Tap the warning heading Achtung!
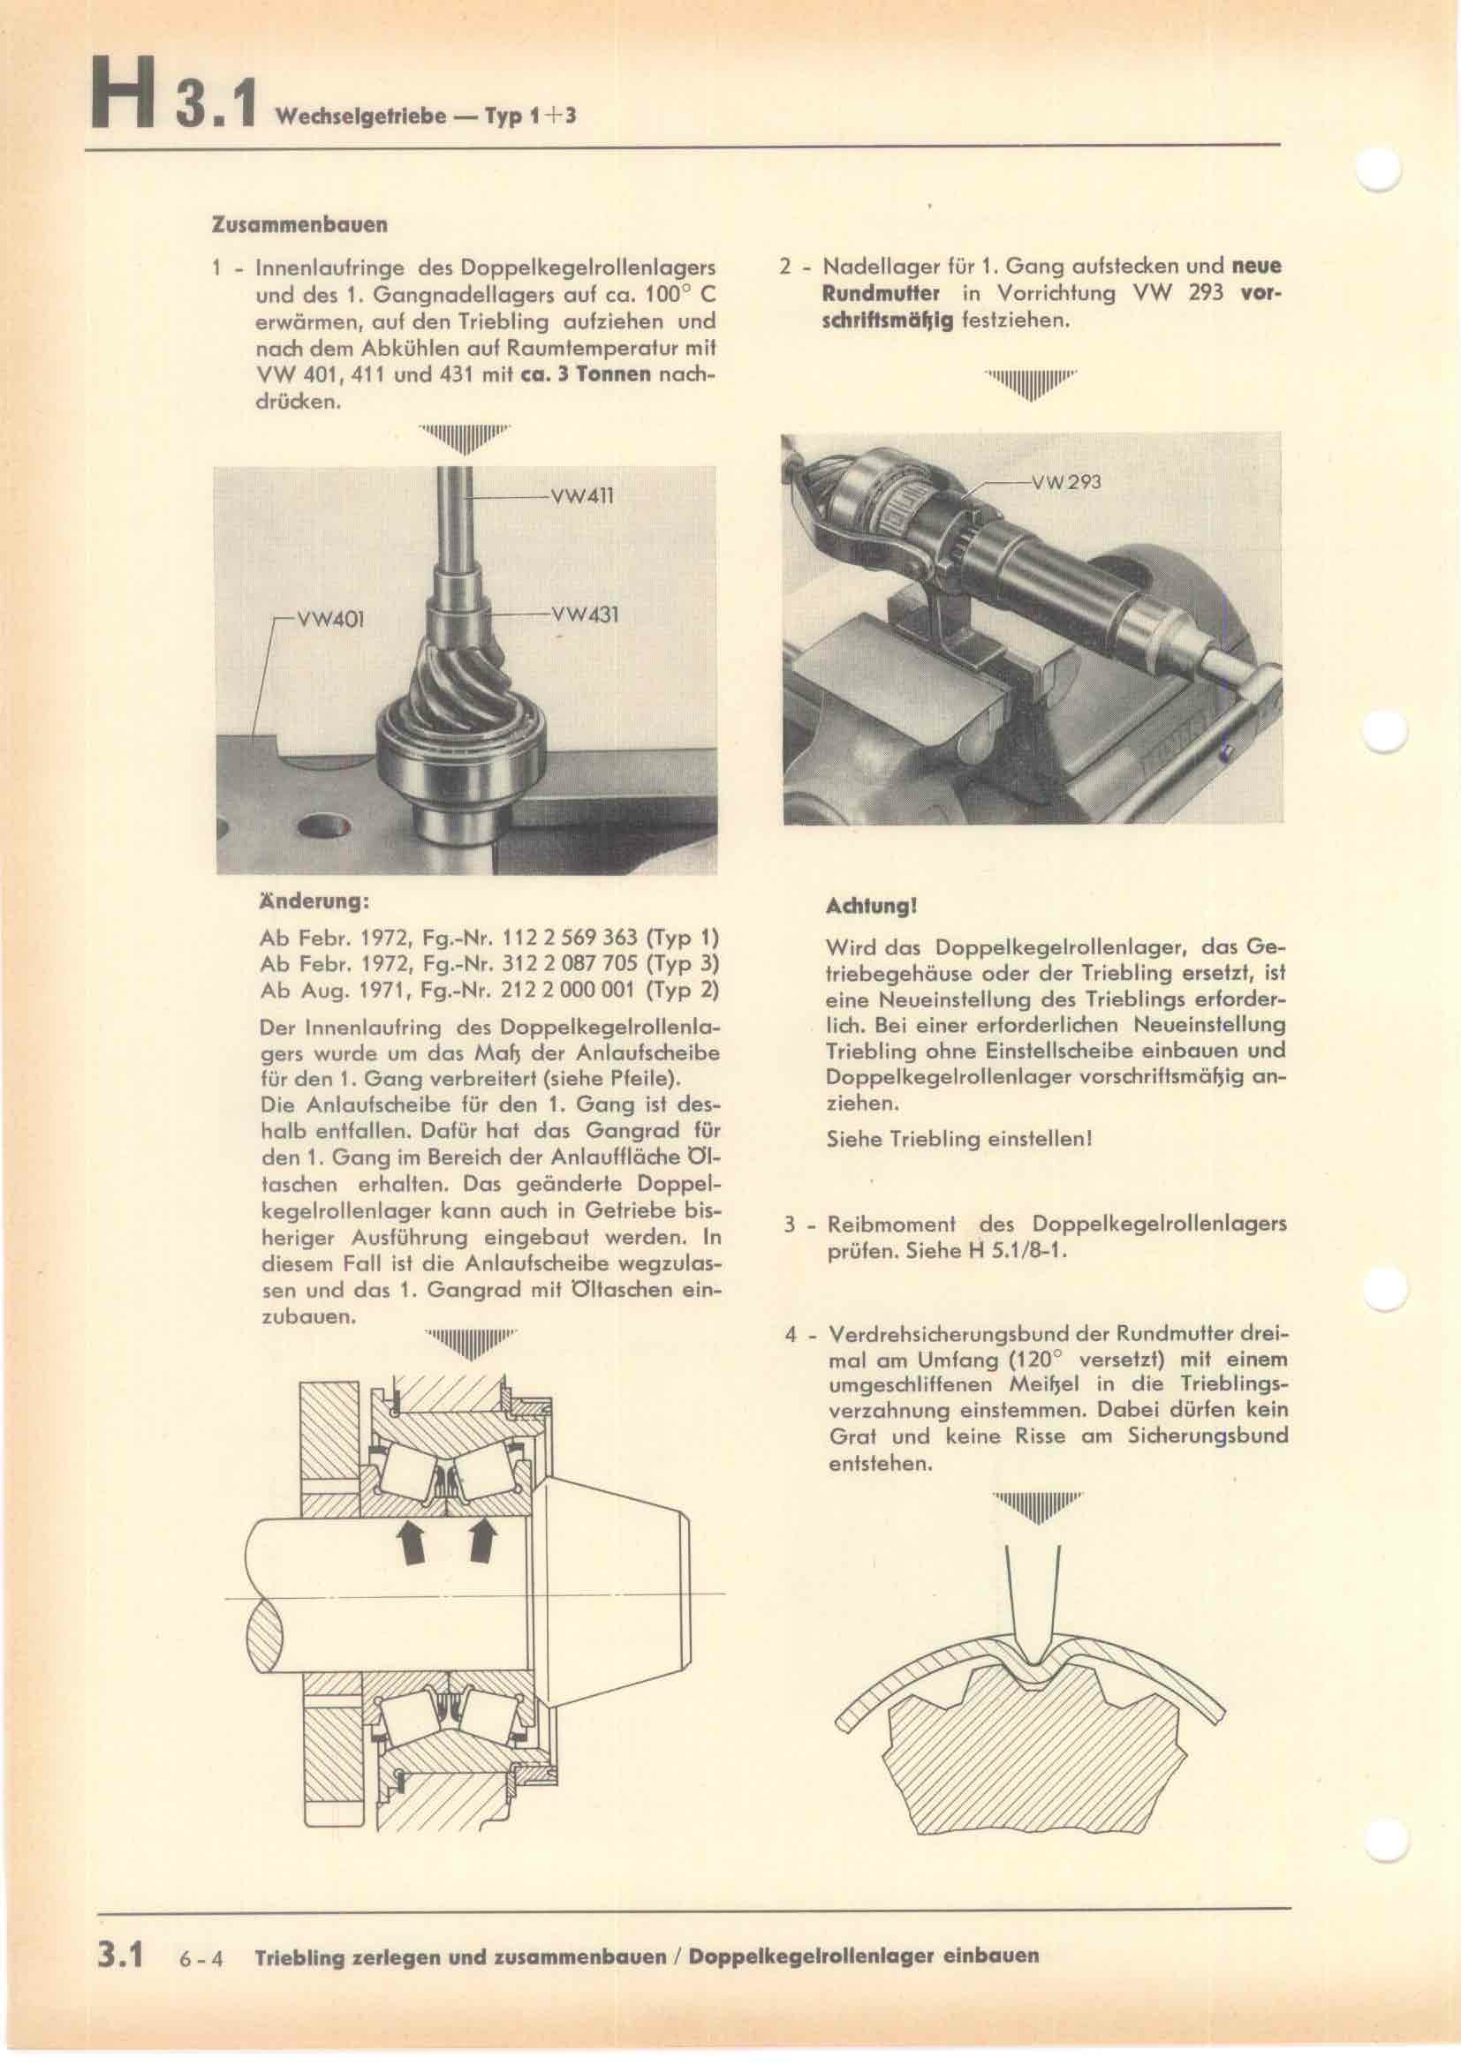870,907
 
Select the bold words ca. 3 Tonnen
586,373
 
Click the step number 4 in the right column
791,1334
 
